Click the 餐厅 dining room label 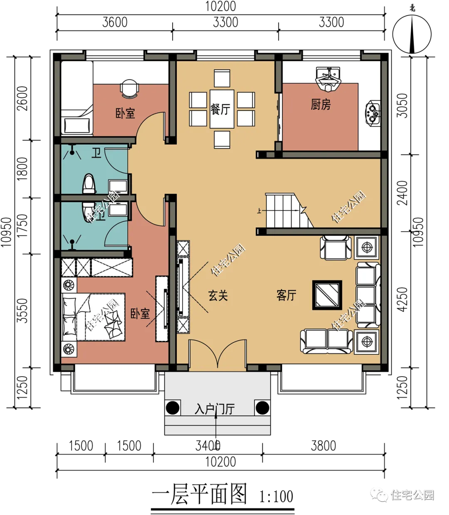point(220,109)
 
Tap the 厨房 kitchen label point(321,104)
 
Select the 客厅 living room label point(286,295)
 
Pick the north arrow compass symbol point(412,34)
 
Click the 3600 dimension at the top point(115,22)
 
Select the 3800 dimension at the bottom point(323,446)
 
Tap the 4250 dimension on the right point(402,299)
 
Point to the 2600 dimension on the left point(22,98)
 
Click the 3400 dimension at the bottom point(208,446)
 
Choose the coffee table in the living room point(327,295)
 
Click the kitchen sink point(328,79)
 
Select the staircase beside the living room point(289,211)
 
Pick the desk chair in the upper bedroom point(130,89)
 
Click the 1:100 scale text point(276,496)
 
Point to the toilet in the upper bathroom point(89,184)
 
